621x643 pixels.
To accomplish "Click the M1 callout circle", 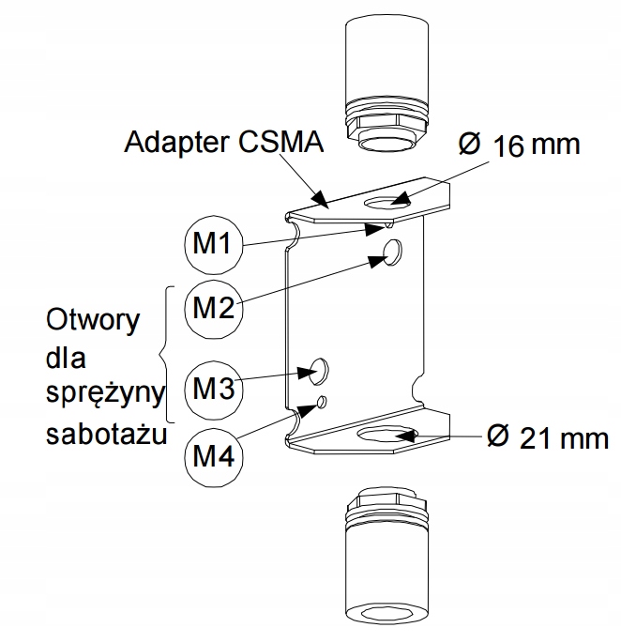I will click(x=213, y=244).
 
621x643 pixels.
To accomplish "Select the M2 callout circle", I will click(x=213, y=307).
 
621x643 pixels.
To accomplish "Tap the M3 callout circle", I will click(x=213, y=386).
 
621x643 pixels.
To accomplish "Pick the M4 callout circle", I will click(x=213, y=456).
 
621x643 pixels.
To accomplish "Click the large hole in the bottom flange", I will click(x=386, y=435).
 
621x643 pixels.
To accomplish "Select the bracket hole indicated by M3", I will click(x=319, y=369).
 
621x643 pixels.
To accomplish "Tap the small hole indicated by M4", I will click(x=322, y=402).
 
